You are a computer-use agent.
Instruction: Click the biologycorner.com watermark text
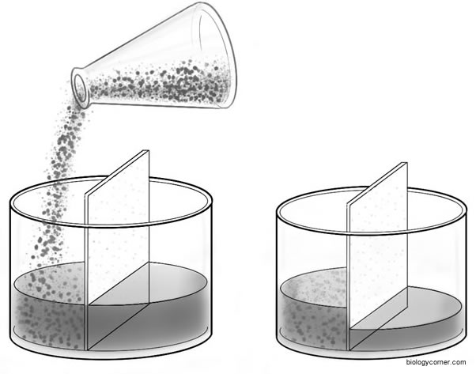[436, 362]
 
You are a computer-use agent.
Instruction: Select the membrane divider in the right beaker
[378, 256]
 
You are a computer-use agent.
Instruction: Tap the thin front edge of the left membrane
[86, 273]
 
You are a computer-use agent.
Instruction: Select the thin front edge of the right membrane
[348, 277]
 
